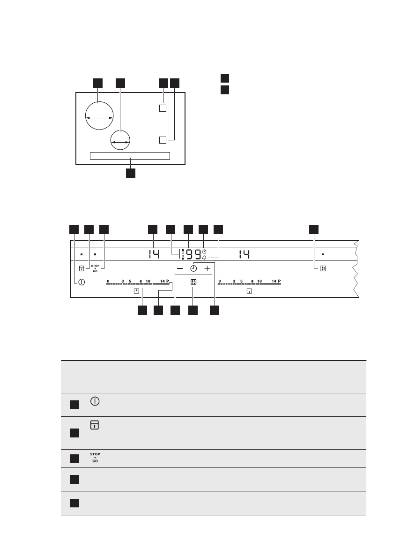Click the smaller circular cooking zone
pos(120,140)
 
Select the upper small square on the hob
pos(163,108)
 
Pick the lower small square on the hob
pos(163,139)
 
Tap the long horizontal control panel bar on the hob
pos(129,156)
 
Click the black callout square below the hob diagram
pos(130,173)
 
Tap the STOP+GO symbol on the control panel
pos(95,269)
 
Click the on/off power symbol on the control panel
pos(82,283)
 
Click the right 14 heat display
pos(243,255)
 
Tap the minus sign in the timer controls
pos(180,269)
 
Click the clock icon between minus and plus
pos(193,269)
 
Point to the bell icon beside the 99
pos(205,258)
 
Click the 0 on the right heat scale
pos(219,282)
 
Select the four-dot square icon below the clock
pos(193,283)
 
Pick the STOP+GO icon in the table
pos(95,458)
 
